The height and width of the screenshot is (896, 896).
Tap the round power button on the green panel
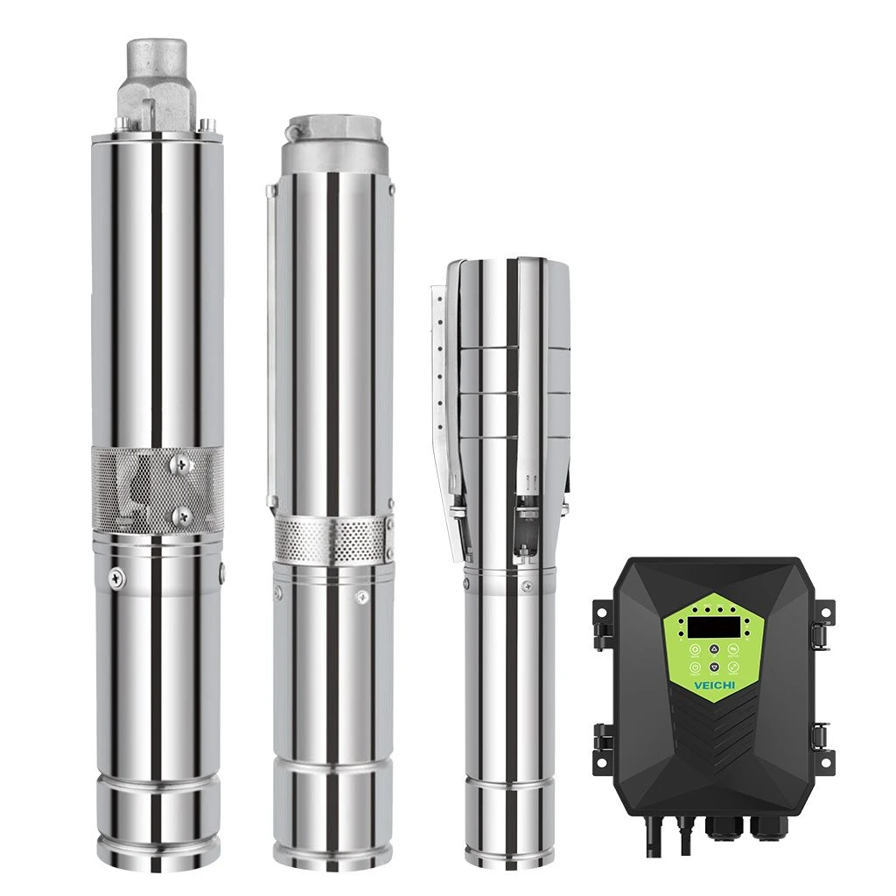[x=692, y=668]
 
